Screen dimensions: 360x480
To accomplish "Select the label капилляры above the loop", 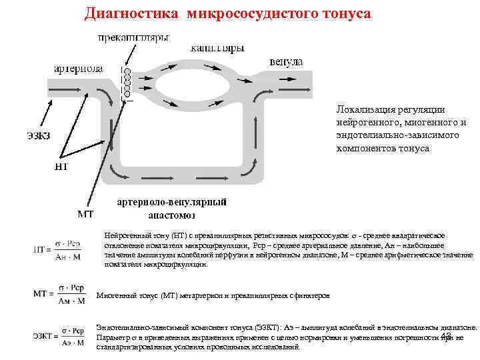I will (x=217, y=48).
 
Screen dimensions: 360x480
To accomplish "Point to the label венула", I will (x=286, y=61).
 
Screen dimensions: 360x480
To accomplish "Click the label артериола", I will (x=78, y=68).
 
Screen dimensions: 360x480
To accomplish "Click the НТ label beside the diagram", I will (x=61, y=167).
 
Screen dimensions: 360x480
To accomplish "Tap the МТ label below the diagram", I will (x=85, y=214).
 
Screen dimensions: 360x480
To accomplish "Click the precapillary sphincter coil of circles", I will (x=126, y=82).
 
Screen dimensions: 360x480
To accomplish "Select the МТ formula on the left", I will (x=60, y=295).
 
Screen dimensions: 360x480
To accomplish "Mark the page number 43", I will (x=446, y=336).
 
